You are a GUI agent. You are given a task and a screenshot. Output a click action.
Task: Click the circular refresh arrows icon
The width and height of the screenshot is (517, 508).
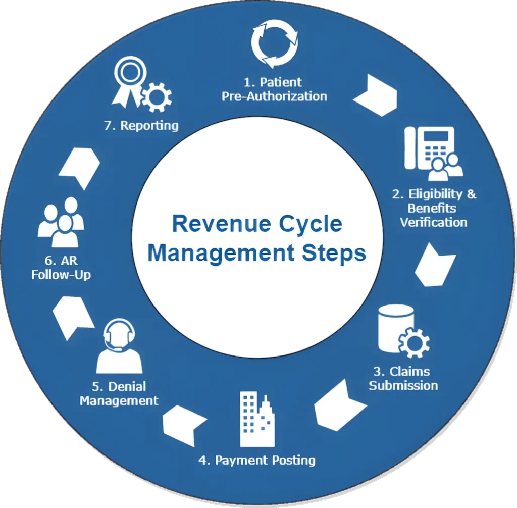pos(274,43)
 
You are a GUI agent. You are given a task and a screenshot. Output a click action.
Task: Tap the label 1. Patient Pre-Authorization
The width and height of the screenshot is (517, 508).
pos(274,89)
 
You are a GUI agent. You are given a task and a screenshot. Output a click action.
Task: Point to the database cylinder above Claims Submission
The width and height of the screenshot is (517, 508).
pos(392,328)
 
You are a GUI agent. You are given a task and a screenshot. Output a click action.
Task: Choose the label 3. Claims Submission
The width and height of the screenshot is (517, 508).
pos(403,379)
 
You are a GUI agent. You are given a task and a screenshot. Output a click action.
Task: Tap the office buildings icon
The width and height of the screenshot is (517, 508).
pos(257,419)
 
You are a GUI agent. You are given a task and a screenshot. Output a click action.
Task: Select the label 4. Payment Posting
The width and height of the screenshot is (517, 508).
pos(257,460)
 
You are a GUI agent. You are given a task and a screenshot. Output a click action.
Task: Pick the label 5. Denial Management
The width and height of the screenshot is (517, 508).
pos(119,394)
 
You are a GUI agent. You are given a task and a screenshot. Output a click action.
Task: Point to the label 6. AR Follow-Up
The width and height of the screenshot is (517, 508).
pos(61,268)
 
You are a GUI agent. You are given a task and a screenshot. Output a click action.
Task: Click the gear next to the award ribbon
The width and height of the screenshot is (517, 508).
pos(157,96)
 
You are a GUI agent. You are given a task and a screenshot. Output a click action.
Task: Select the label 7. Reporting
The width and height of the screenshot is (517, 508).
pos(141,125)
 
